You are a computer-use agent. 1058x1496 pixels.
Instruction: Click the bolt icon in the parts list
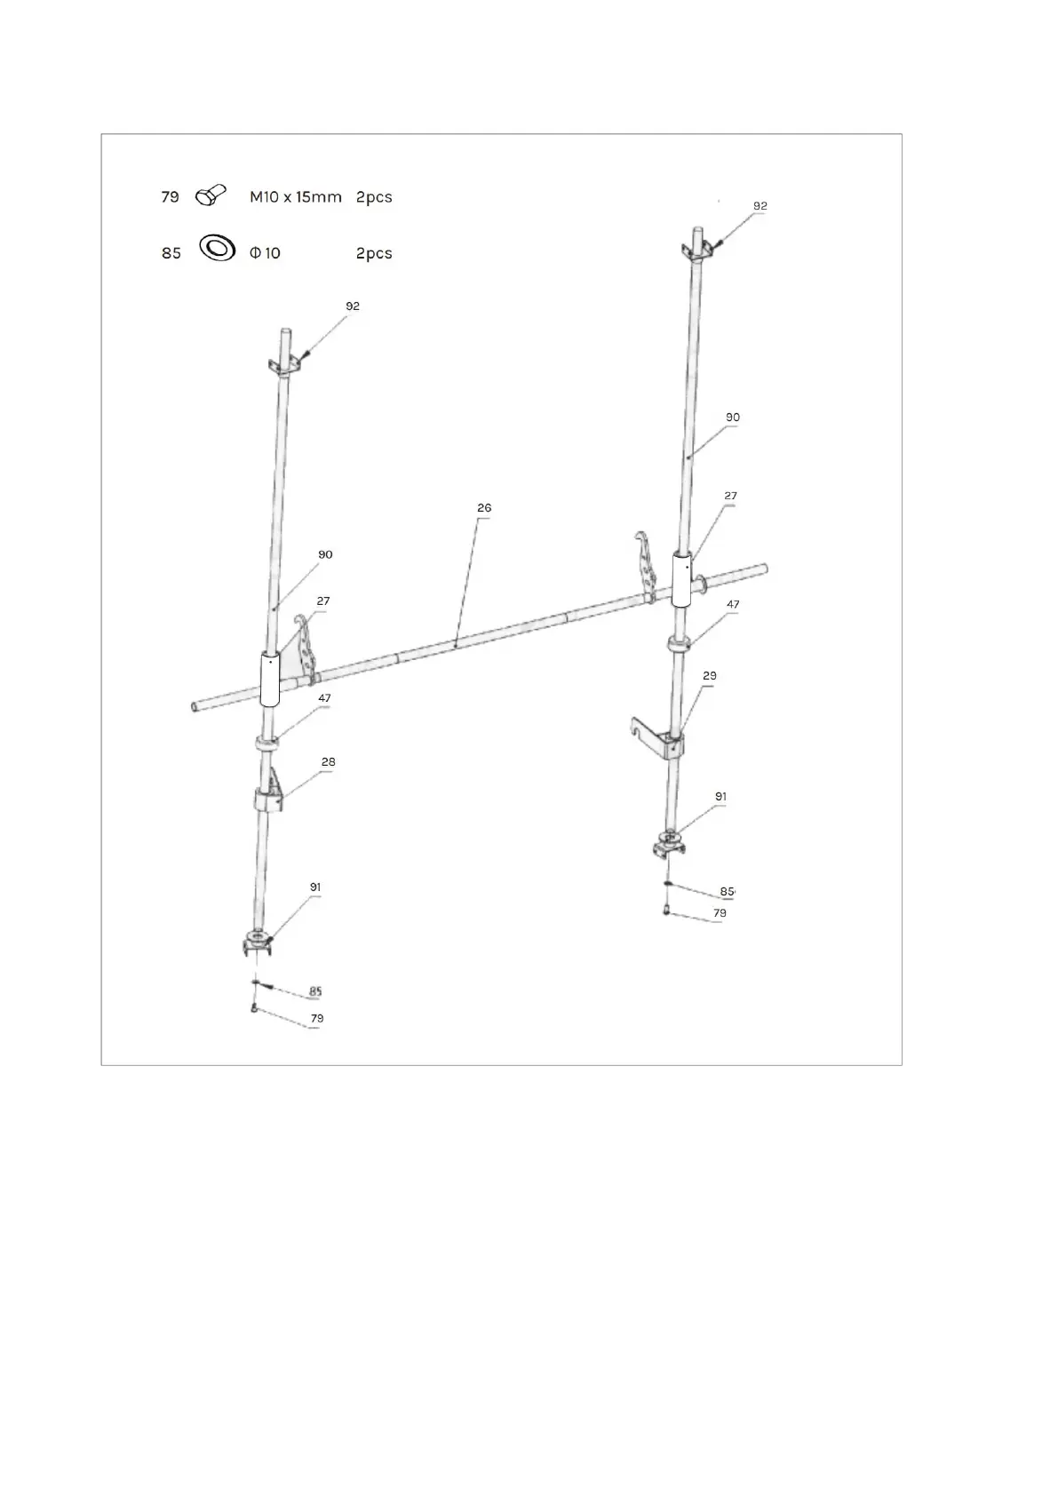(x=211, y=195)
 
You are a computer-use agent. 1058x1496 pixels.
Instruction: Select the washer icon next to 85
(x=217, y=248)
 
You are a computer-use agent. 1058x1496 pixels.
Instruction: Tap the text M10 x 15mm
(x=295, y=197)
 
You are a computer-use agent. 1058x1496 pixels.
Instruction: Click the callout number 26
(x=483, y=508)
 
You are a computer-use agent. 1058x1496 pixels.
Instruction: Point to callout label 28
(x=328, y=762)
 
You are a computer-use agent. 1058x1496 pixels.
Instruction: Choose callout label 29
(x=709, y=676)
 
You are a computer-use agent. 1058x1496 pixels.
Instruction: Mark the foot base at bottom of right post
(x=668, y=842)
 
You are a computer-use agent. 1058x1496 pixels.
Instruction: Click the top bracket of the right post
(x=696, y=250)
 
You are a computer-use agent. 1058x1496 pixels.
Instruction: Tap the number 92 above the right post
(x=760, y=206)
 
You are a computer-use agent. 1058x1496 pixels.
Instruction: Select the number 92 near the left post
(x=353, y=306)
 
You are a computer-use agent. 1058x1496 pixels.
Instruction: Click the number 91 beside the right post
(x=720, y=797)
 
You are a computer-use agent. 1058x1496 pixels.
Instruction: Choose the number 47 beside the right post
(x=733, y=604)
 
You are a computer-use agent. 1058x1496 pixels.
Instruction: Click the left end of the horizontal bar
(x=196, y=707)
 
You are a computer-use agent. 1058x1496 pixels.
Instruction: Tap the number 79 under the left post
(x=317, y=1018)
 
